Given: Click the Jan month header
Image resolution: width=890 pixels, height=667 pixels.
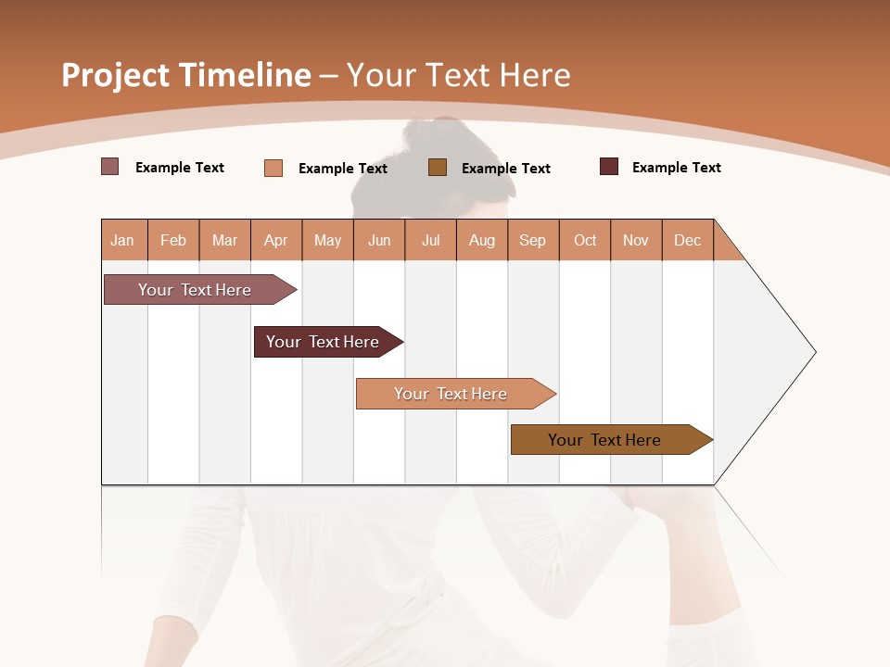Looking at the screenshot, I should pos(122,240).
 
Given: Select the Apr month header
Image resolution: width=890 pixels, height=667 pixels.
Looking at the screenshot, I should pos(275,240).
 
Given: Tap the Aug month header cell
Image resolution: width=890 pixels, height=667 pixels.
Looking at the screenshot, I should pos(481,240).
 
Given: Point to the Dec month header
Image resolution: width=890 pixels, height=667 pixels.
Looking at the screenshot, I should pos(687,240).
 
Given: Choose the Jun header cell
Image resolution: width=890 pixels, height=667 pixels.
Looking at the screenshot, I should pos(379,240).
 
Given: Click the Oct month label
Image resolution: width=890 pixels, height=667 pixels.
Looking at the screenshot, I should pos(585,240).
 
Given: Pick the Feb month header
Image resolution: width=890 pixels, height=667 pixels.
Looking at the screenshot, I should pos(173,240).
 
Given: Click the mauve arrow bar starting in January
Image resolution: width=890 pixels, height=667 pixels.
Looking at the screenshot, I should pos(196,290).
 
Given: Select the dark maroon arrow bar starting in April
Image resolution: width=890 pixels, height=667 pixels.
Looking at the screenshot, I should pos(324,342).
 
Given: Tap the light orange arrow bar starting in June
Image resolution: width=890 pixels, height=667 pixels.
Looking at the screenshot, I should pos(451,394).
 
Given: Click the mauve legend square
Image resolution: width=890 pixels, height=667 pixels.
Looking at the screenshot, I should pos(109,167).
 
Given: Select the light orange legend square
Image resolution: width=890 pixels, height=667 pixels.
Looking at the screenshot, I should pos(273,168).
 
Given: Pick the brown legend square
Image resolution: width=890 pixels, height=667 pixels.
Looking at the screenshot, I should pos(438,167).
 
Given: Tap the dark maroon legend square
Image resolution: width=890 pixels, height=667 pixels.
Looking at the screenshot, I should pos(609,167).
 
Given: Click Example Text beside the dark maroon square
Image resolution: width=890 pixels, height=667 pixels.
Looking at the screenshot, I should pos(676,168).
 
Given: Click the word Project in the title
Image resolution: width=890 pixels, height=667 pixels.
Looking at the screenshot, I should pos(115,75).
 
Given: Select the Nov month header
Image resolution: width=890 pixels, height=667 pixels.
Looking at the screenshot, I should pos(636,240).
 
